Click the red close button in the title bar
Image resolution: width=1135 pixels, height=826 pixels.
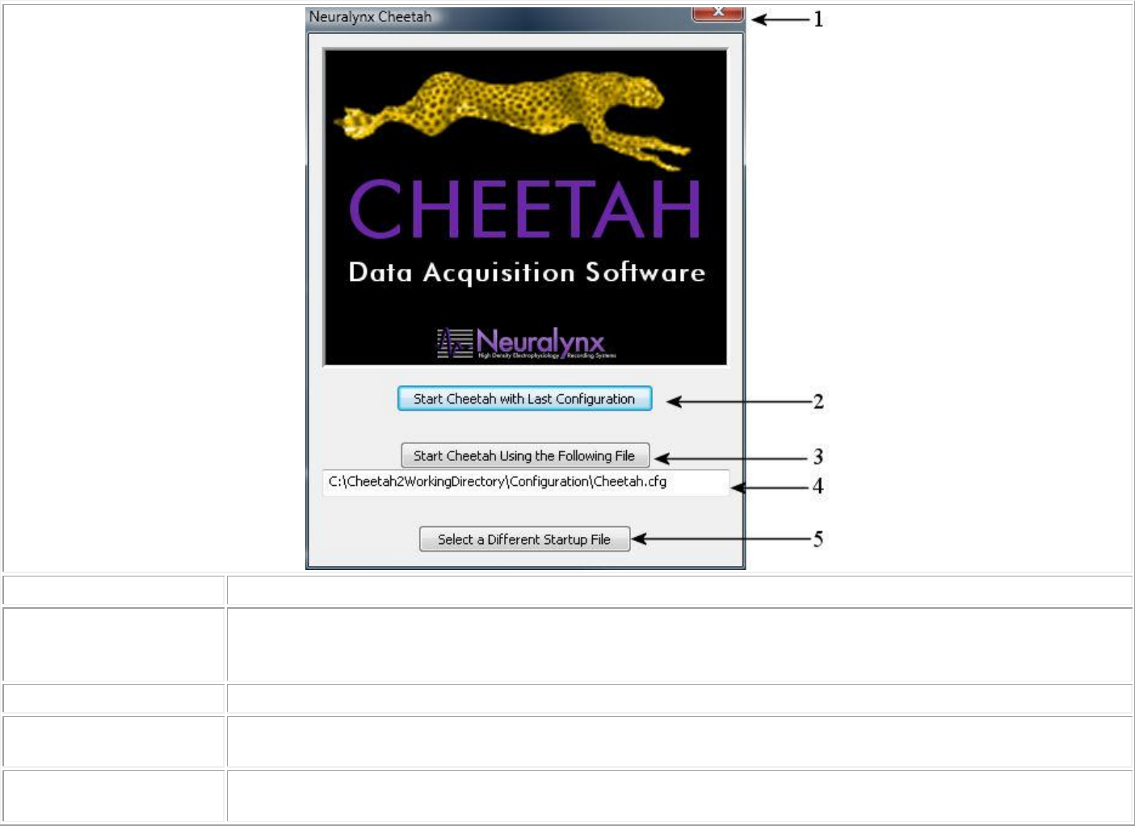pyautogui.click(x=717, y=14)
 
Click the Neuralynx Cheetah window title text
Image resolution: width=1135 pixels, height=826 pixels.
pyautogui.click(x=370, y=17)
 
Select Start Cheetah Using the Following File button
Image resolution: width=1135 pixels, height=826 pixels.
pyautogui.click(x=525, y=455)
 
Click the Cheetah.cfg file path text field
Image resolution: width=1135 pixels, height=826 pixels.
pyautogui.click(x=525, y=482)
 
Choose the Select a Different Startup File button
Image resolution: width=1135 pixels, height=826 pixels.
pyautogui.click(x=524, y=539)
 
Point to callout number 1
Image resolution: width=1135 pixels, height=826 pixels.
pyautogui.click(x=818, y=19)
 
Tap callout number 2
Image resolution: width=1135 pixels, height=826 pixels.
pyautogui.click(x=818, y=401)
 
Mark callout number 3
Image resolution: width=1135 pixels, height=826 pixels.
pyautogui.click(x=818, y=457)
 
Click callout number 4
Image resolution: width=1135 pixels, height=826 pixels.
pyautogui.click(x=818, y=486)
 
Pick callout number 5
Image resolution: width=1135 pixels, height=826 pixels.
pyautogui.click(x=818, y=539)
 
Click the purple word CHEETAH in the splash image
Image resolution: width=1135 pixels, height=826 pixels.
pyautogui.click(x=525, y=209)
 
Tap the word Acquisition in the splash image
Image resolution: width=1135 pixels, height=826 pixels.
pyautogui.click(x=500, y=273)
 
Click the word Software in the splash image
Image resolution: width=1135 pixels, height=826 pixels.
pyautogui.click(x=645, y=273)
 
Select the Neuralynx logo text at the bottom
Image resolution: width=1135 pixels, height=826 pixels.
pyautogui.click(x=540, y=341)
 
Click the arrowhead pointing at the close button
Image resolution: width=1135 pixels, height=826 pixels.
pyautogui.click(x=757, y=19)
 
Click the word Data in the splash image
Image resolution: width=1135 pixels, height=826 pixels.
pyautogui.click(x=380, y=272)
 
